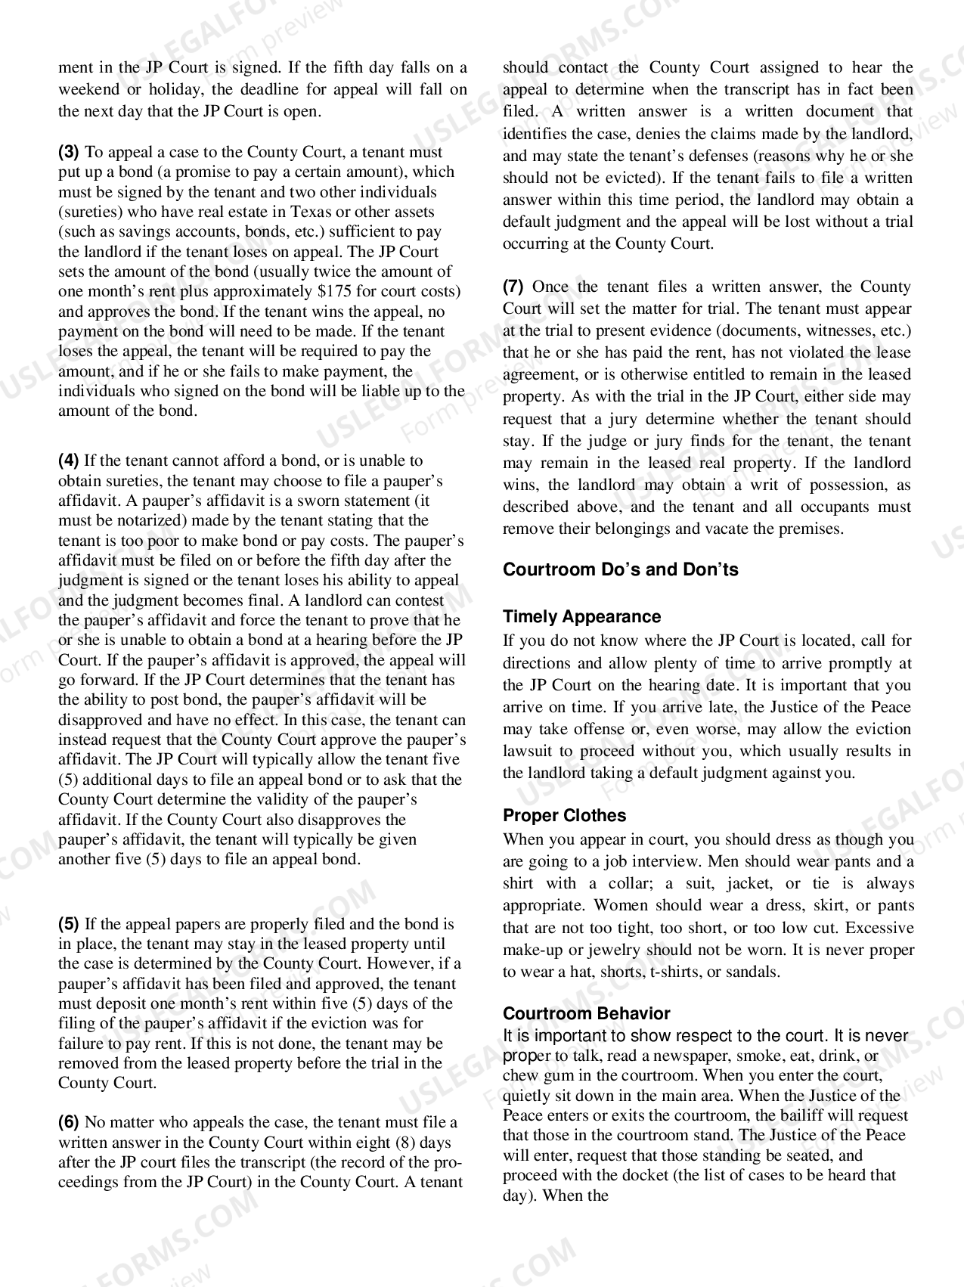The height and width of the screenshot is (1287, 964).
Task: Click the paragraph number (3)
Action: (x=69, y=152)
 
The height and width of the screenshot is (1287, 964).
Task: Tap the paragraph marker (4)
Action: (x=69, y=461)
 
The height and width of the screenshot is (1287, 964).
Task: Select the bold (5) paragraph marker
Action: (x=69, y=924)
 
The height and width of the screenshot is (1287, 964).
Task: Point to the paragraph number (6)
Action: (x=69, y=1123)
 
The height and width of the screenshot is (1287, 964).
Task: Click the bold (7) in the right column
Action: (x=513, y=287)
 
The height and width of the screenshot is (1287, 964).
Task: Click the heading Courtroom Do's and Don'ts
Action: (x=620, y=570)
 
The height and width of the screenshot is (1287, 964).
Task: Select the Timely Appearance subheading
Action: (x=581, y=617)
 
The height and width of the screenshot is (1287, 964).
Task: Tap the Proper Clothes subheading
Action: (x=564, y=816)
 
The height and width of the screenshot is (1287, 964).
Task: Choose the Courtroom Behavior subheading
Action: (x=586, y=1014)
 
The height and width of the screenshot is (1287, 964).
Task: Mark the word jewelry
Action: (x=617, y=951)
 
